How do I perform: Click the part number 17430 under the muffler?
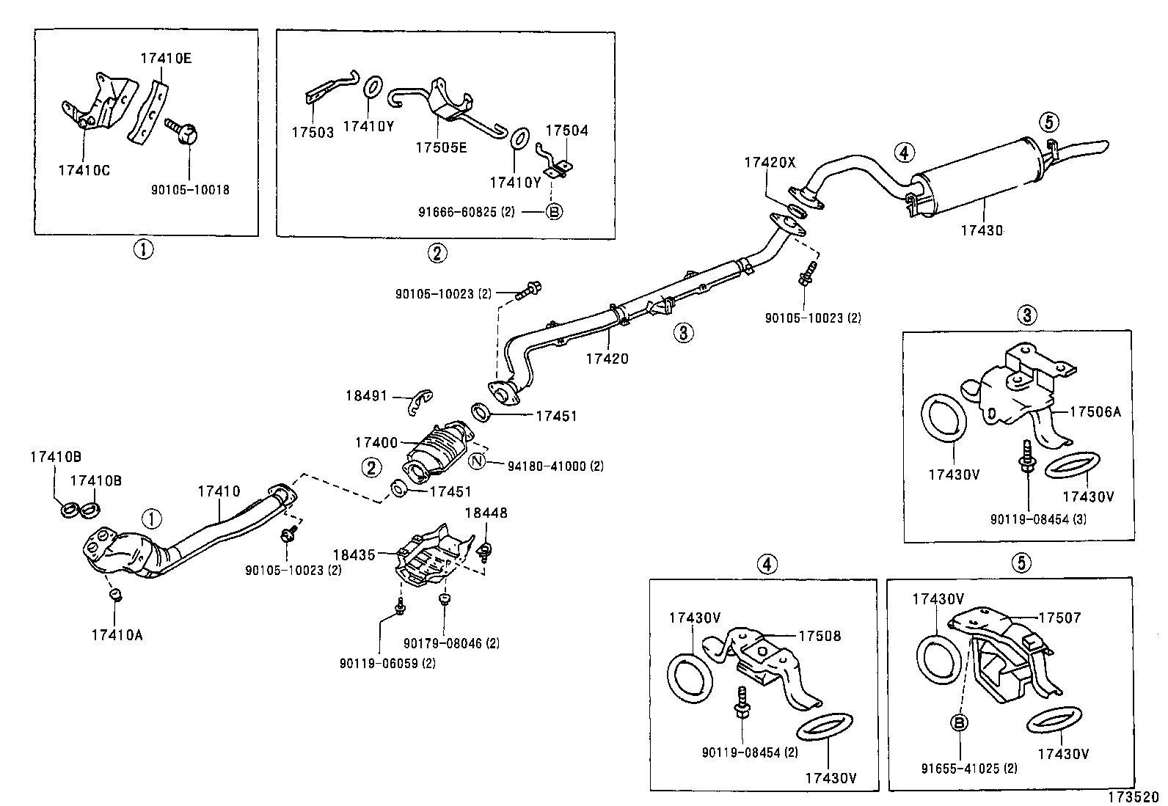pyautogui.click(x=981, y=230)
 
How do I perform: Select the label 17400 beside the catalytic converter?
pyautogui.click(x=376, y=443)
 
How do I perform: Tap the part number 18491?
pyautogui.click(x=366, y=396)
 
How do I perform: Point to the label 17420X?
pyautogui.click(x=770, y=163)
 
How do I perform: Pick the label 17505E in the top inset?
pyautogui.click(x=440, y=147)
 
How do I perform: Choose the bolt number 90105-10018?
pyautogui.click(x=190, y=190)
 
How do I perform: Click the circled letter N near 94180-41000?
pyautogui.click(x=477, y=461)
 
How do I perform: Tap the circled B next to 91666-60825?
pyautogui.click(x=555, y=212)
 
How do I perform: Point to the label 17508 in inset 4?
pyautogui.click(x=820, y=636)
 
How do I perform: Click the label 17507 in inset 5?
pyautogui.click(x=1059, y=618)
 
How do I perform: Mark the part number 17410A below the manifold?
pyautogui.click(x=117, y=635)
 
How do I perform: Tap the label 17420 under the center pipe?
pyautogui.click(x=607, y=359)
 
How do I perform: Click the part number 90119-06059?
pyautogui.click(x=378, y=663)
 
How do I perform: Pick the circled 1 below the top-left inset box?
pyautogui.click(x=142, y=250)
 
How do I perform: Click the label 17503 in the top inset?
pyautogui.click(x=312, y=133)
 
